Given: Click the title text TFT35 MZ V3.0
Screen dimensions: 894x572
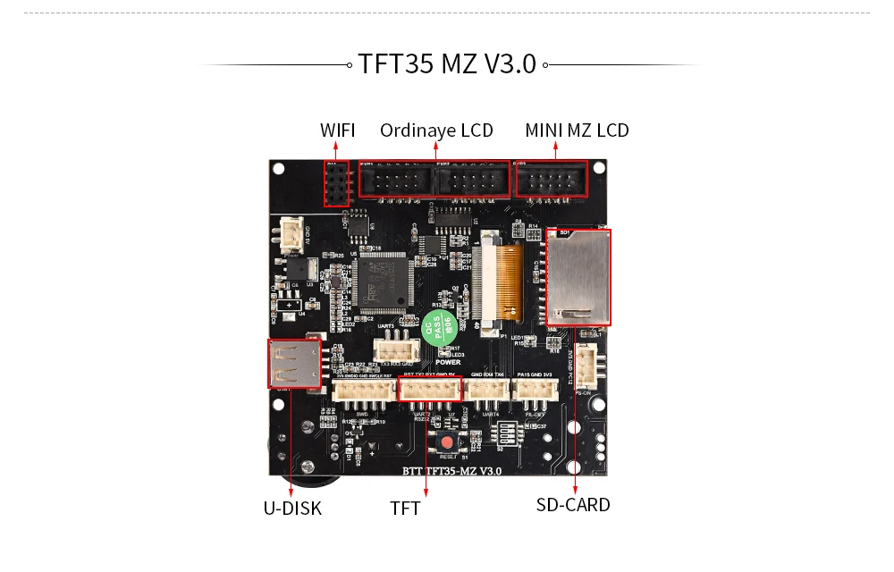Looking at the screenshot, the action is pyautogui.click(x=447, y=64).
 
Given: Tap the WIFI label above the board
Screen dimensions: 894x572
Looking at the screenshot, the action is pyautogui.click(x=337, y=130).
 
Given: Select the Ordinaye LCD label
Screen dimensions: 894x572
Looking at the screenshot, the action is pyautogui.click(x=436, y=130).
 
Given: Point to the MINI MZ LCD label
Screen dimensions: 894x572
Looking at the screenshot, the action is pyautogui.click(x=577, y=130).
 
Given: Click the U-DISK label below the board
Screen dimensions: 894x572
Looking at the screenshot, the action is pyautogui.click(x=292, y=509).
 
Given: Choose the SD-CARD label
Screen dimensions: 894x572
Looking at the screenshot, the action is pyautogui.click(x=573, y=505).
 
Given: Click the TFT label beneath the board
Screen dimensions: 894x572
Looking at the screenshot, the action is pyautogui.click(x=405, y=509).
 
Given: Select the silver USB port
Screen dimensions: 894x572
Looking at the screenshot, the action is pyautogui.click(x=293, y=364).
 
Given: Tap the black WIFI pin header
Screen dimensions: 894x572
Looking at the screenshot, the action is pyautogui.click(x=336, y=184).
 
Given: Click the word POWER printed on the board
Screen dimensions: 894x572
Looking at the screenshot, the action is pyautogui.click(x=449, y=363).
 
